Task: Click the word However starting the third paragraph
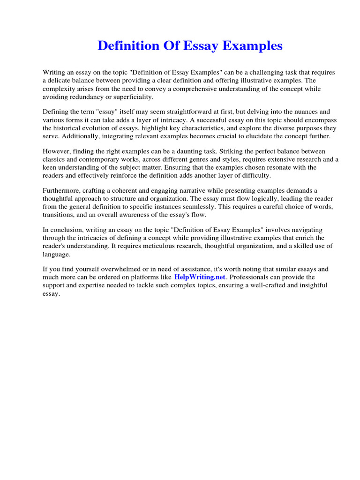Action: pyautogui.click(x=56, y=151)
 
